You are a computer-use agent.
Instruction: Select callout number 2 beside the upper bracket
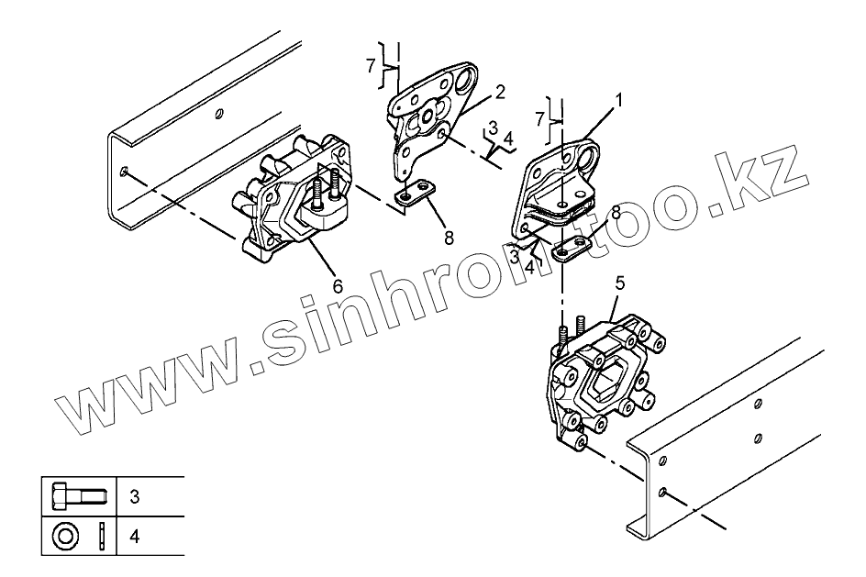pos(499,92)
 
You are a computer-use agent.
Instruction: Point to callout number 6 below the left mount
pos(339,286)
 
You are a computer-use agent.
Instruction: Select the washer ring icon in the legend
pos(66,535)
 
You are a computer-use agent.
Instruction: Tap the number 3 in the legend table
pos(134,498)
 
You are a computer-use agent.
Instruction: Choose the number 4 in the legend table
pos(134,535)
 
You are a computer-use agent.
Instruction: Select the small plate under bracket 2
pos(415,194)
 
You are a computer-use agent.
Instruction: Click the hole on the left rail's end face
pos(124,172)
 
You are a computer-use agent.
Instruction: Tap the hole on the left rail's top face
pos(217,115)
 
